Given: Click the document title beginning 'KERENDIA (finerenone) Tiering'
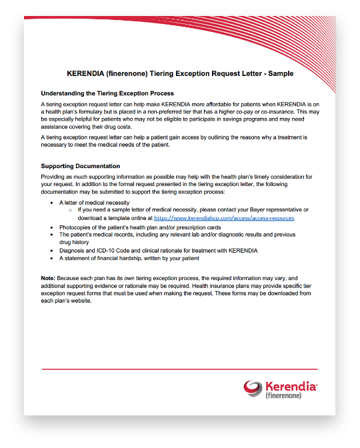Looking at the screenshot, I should tap(180, 73).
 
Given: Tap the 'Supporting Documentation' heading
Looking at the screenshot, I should tap(81, 166).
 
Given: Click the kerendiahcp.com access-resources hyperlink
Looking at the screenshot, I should tap(224, 218).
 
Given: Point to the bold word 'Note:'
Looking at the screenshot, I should tap(49, 277).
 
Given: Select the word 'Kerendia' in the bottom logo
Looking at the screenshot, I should tap(291, 386).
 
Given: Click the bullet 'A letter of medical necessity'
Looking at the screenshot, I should tap(94, 202).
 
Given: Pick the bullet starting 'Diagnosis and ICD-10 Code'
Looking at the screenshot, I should tap(158, 250).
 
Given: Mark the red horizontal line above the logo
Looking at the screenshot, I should tap(180, 369).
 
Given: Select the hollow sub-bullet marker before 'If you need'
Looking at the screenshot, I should tap(70, 210).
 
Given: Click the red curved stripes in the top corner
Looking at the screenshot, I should tap(293, 33).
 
